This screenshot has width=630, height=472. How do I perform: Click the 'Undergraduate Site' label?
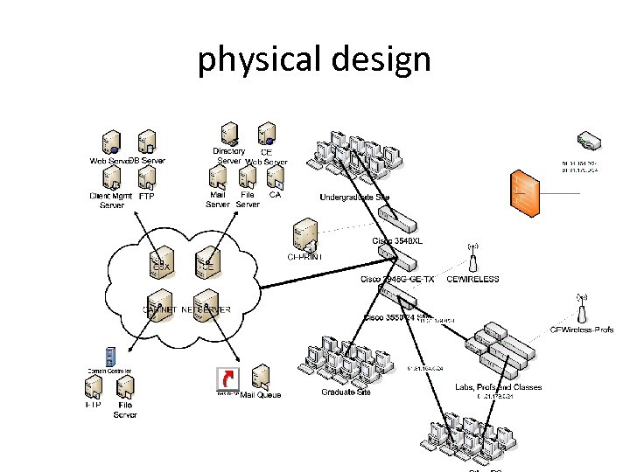pos(354,197)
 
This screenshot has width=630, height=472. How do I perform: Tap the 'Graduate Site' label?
pos(346,392)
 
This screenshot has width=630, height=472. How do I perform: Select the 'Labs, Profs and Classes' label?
pos(498,386)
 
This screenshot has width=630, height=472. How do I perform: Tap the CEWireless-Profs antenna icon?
pos(581,308)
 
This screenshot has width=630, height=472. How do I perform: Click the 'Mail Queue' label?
pos(261,395)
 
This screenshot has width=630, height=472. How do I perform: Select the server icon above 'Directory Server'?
pos(229,134)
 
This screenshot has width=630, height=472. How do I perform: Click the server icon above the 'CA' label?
pos(275,178)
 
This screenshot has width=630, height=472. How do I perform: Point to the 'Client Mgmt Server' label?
pos(111,200)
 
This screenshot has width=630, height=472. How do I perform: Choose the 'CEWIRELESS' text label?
pos(472,280)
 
